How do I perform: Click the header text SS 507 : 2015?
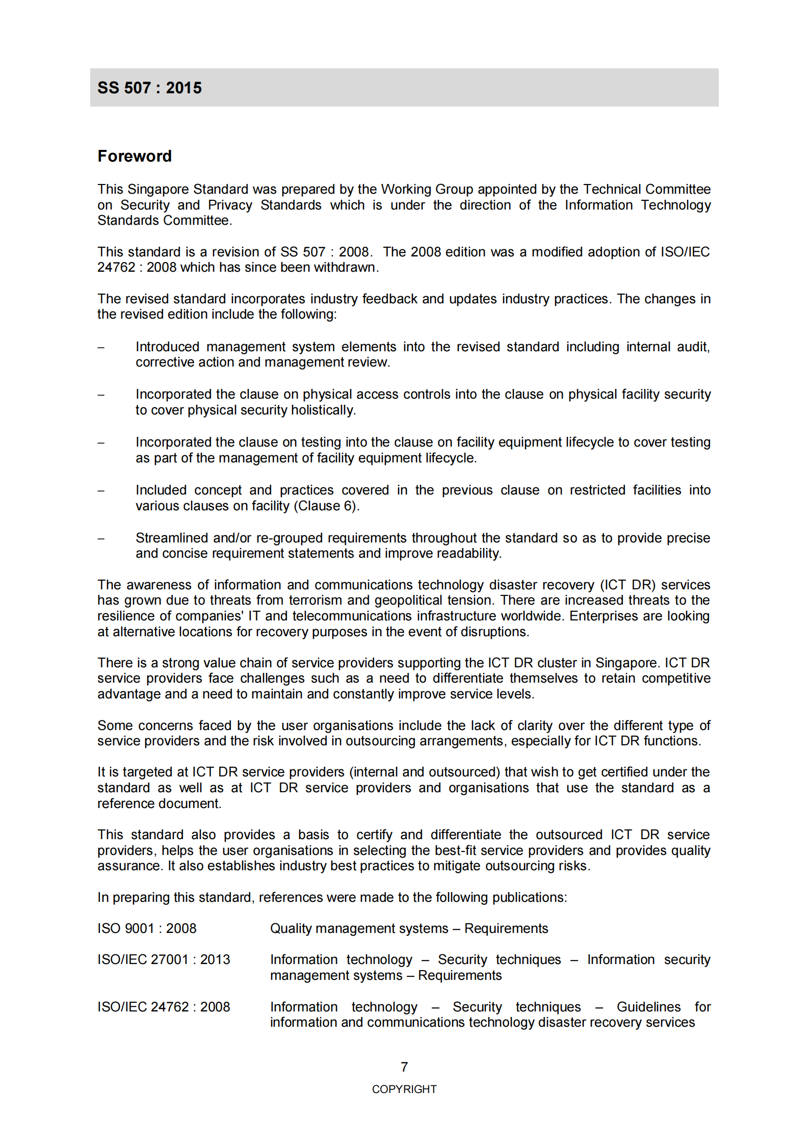click(149, 88)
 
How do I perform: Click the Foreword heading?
click(135, 156)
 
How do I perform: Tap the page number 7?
click(404, 1067)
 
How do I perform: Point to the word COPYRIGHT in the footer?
click(404, 1089)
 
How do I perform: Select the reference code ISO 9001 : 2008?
click(147, 928)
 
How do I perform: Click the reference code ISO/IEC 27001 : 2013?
click(164, 959)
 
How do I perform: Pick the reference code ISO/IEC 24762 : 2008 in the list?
click(164, 1006)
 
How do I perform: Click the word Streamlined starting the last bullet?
click(172, 538)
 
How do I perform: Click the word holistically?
click(323, 410)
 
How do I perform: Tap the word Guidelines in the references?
click(648, 1006)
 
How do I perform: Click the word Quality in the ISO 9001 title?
click(291, 928)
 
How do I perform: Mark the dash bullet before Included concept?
click(101, 490)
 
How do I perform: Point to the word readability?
click(469, 553)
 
